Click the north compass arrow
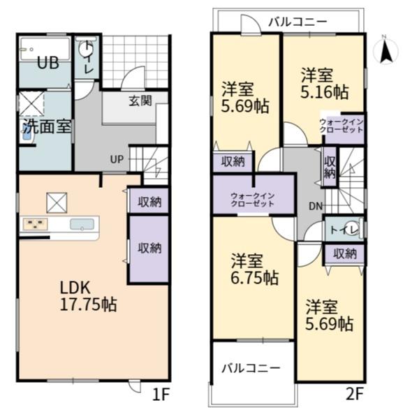(385, 52)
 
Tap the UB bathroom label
(48, 64)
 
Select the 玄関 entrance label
(140, 101)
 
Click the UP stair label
(117, 159)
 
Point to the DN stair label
(316, 206)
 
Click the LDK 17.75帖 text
(88, 296)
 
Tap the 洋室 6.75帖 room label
(254, 270)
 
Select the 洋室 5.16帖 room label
(324, 84)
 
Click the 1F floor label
(161, 394)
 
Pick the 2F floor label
(355, 394)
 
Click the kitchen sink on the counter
(82, 224)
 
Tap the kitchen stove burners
(36, 224)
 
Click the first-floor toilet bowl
(84, 49)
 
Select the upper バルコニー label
(297, 22)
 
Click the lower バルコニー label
(251, 369)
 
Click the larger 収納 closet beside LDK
(149, 249)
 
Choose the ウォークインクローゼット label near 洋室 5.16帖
(341, 126)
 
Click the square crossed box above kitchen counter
(57, 203)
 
